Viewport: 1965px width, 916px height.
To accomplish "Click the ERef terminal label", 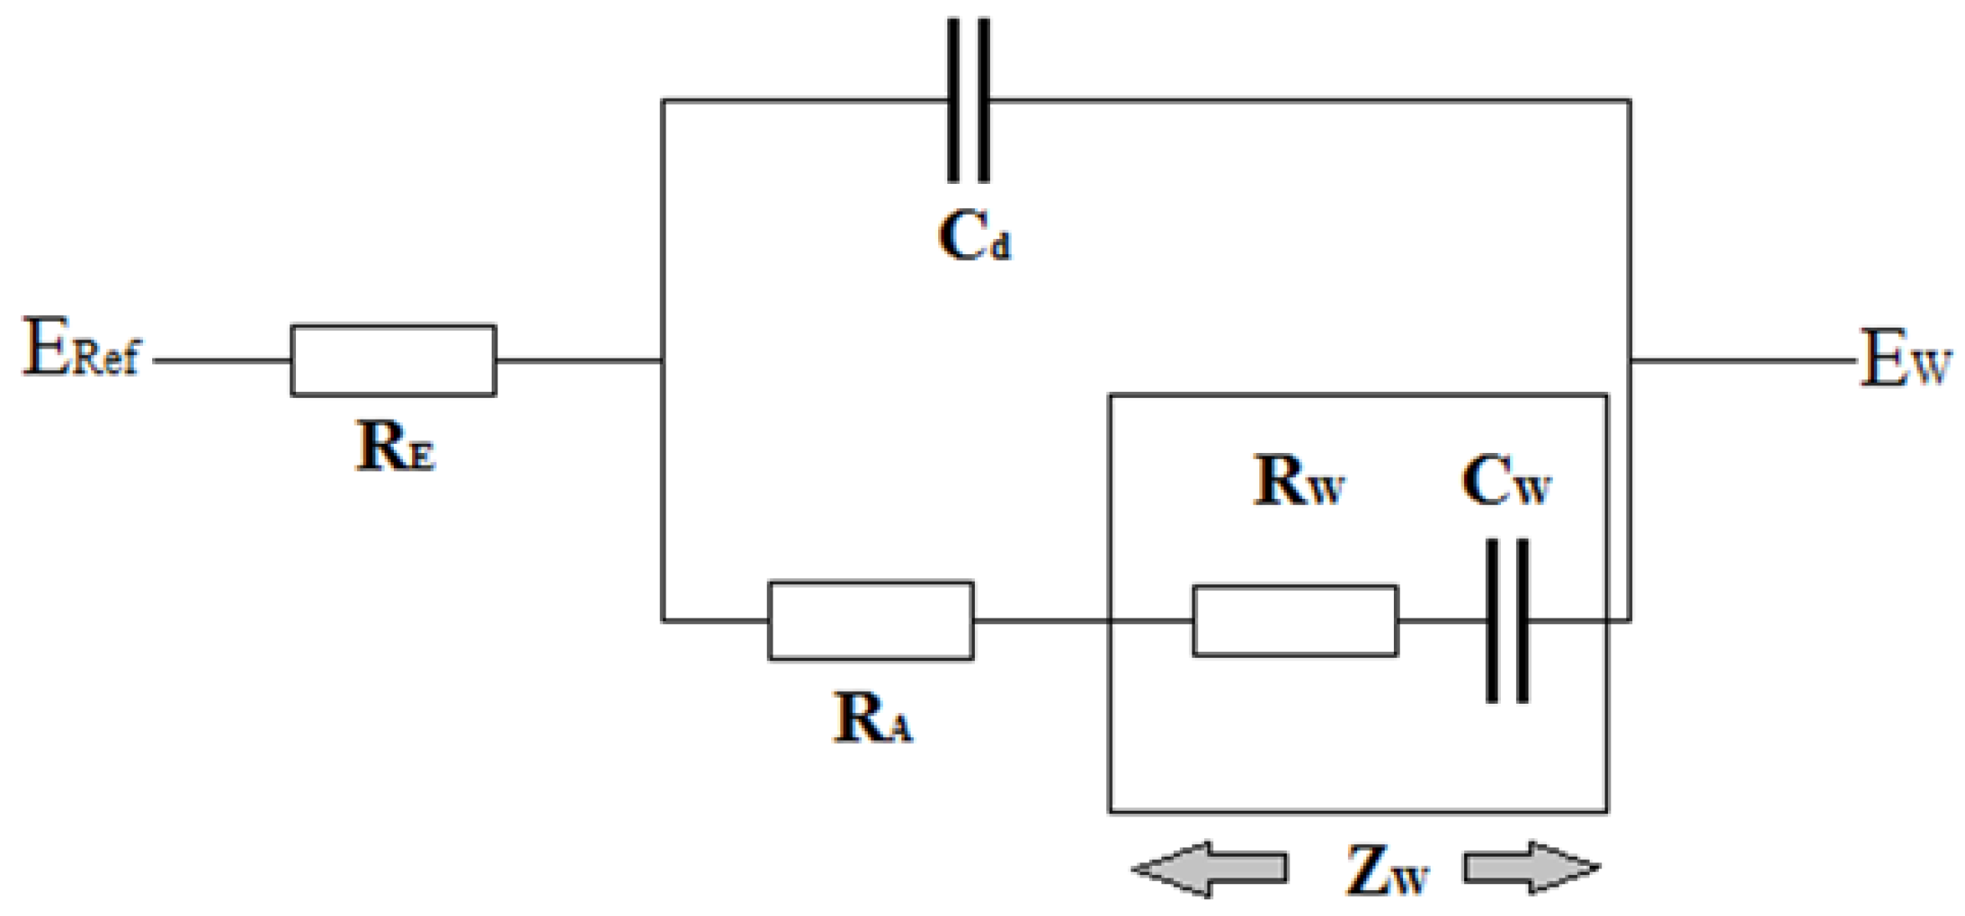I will [81, 349].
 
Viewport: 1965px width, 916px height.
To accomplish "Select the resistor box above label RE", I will [393, 360].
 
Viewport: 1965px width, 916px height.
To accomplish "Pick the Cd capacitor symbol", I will [968, 100].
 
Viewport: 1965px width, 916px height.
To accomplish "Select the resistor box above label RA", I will [870, 621].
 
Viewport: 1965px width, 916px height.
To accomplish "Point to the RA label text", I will [873, 718].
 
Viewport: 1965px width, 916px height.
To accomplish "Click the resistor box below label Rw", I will [1294, 621].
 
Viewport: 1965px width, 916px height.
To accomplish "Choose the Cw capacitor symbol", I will [1507, 621].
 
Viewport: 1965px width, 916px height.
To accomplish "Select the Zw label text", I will [1386, 870].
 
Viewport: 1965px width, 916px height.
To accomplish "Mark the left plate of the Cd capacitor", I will [953, 100].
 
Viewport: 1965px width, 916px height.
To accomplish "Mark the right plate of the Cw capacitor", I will [1522, 621].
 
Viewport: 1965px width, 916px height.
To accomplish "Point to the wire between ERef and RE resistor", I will [222, 361].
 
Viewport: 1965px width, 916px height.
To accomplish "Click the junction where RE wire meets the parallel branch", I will [662, 361].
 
